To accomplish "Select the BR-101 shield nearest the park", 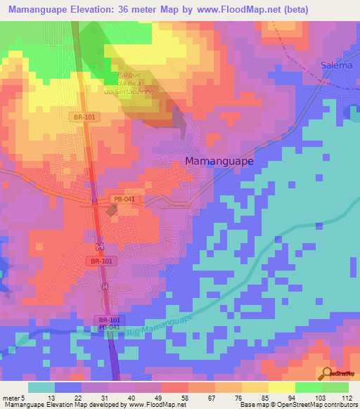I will coord(85,117).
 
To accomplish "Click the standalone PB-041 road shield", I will coord(124,200).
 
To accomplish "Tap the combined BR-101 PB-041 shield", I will coord(108,323).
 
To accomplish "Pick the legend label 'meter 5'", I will coord(14,398).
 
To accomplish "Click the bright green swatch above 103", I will coord(308,387).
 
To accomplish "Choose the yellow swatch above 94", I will coord(281,387).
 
